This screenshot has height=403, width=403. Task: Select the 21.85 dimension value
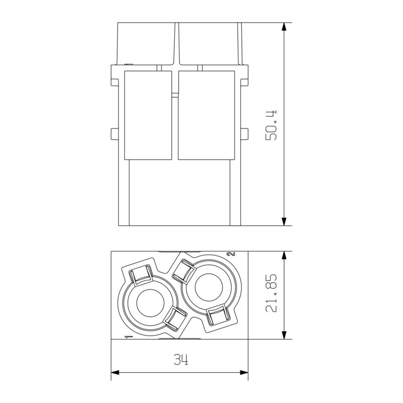pyautogui.click(x=272, y=294)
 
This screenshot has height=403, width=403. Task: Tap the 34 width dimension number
pyautogui.click(x=180, y=360)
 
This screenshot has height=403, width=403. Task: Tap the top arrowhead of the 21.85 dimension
pyautogui.click(x=285, y=255)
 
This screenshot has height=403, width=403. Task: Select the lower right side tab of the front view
pyautogui.click(x=245, y=133)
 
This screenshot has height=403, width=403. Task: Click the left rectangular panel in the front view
pyautogui.click(x=149, y=115)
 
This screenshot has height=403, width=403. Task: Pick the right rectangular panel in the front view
pyautogui.click(x=207, y=115)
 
